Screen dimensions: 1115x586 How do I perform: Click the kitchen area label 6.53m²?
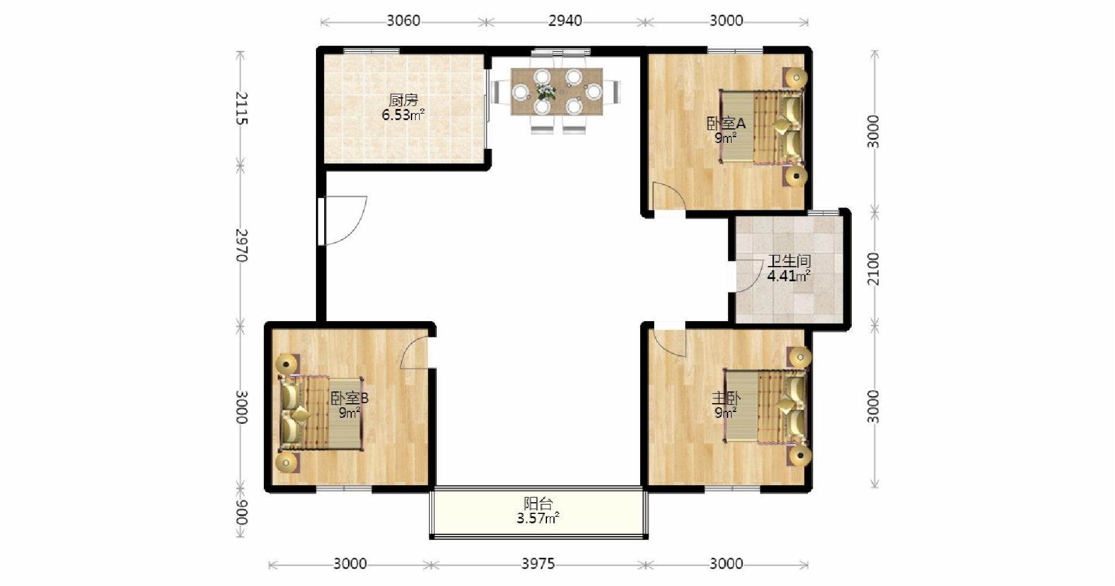click(403, 115)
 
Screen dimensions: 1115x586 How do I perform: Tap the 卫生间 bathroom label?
click(789, 261)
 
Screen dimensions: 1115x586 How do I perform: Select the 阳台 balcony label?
click(538, 503)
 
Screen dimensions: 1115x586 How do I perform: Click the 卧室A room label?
click(726, 124)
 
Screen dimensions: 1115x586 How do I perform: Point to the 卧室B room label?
click(349, 398)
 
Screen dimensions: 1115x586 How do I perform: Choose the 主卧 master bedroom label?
click(726, 398)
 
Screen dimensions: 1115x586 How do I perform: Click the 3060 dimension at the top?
click(403, 21)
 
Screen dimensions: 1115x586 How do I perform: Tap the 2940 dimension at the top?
click(565, 21)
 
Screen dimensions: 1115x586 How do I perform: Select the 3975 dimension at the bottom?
click(538, 564)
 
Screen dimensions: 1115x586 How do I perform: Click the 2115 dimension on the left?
click(241, 108)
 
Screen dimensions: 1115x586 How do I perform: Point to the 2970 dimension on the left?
click(241, 245)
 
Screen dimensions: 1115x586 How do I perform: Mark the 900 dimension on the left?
click(241, 513)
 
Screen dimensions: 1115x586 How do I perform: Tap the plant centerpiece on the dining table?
click(546, 92)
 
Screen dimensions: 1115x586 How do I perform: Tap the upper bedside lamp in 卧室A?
click(796, 77)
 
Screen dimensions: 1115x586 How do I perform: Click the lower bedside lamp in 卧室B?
click(287, 463)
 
